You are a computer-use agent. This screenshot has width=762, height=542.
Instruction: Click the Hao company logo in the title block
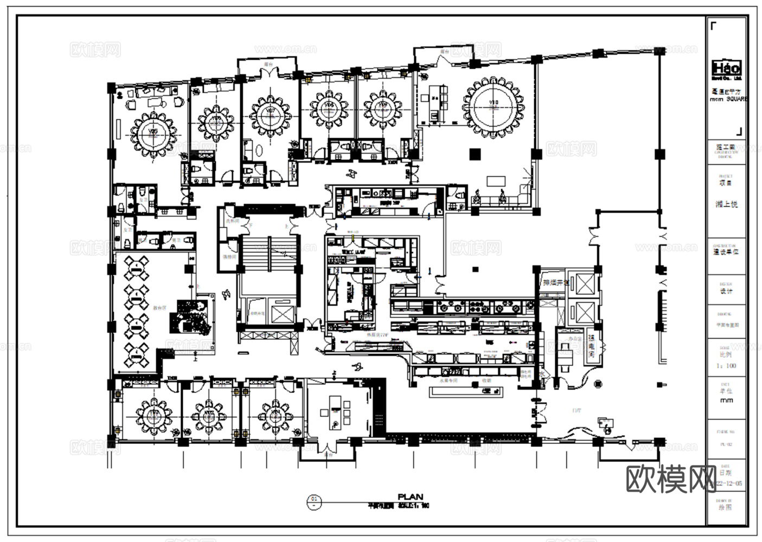click(726, 68)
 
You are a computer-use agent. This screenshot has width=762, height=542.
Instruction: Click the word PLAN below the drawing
click(410, 496)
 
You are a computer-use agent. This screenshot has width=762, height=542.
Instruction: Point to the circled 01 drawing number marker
click(313, 500)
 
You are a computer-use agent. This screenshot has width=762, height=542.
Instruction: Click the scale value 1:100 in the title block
click(726, 366)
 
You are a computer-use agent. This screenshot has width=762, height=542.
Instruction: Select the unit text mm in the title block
click(726, 401)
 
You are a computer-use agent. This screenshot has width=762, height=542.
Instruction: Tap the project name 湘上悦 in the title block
click(726, 204)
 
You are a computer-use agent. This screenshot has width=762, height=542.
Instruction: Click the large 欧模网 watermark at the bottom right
click(671, 479)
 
